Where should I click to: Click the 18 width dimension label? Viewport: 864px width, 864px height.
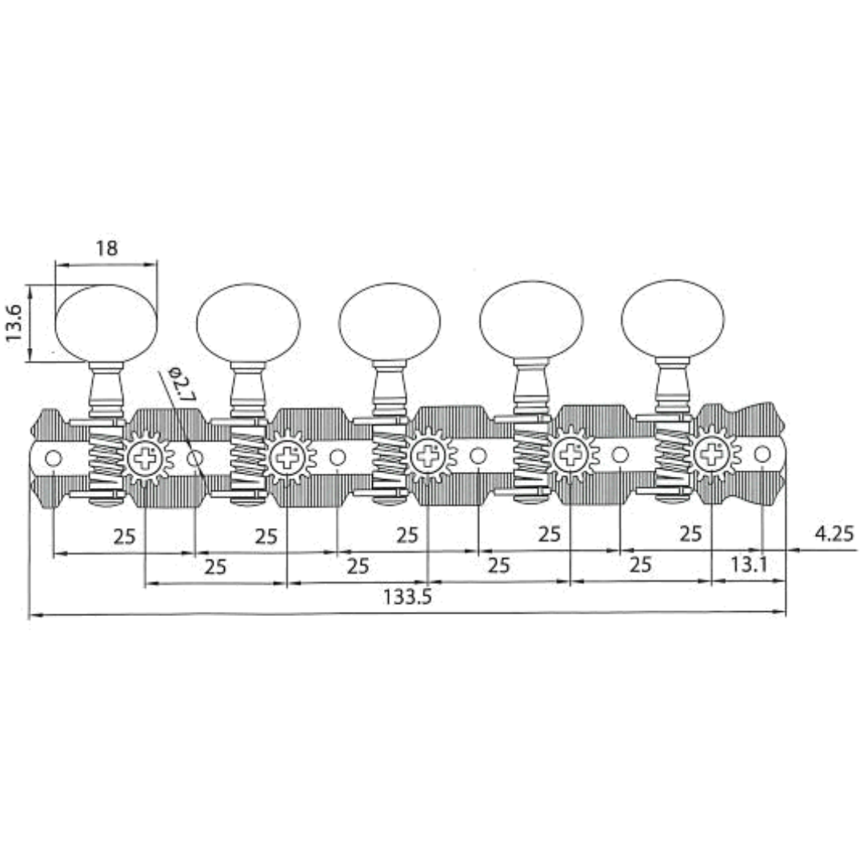pos(106,249)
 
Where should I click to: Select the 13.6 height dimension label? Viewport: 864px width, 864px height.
pos(14,322)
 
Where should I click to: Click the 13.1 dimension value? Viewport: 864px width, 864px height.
pos(748,566)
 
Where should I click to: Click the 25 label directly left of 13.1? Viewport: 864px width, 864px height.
pos(640,566)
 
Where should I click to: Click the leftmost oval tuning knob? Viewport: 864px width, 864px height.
pos(106,323)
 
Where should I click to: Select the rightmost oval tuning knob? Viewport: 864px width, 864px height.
pos(673,318)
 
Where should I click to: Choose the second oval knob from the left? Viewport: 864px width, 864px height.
pos(248,322)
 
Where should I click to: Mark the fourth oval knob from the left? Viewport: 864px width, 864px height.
pos(531,320)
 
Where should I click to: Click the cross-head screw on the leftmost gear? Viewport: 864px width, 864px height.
pos(145,458)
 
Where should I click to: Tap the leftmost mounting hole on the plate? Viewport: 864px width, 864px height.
pos(54,458)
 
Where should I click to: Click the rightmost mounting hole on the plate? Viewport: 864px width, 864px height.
pos(762,454)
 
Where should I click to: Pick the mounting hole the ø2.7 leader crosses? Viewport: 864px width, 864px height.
pos(195,458)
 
